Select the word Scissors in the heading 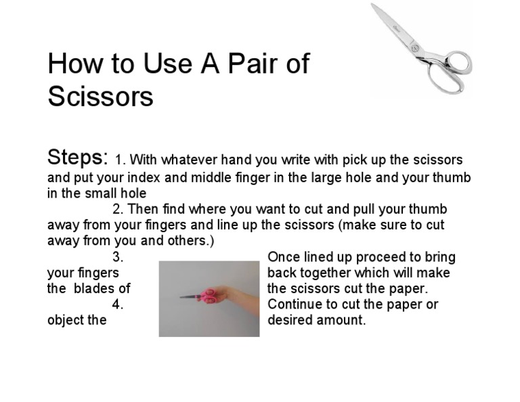coord(101,96)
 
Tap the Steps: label coord(78,158)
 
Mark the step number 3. coord(117,257)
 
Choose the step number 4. coord(117,305)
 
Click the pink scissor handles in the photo coord(209,295)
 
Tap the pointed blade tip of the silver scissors coord(373,5)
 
